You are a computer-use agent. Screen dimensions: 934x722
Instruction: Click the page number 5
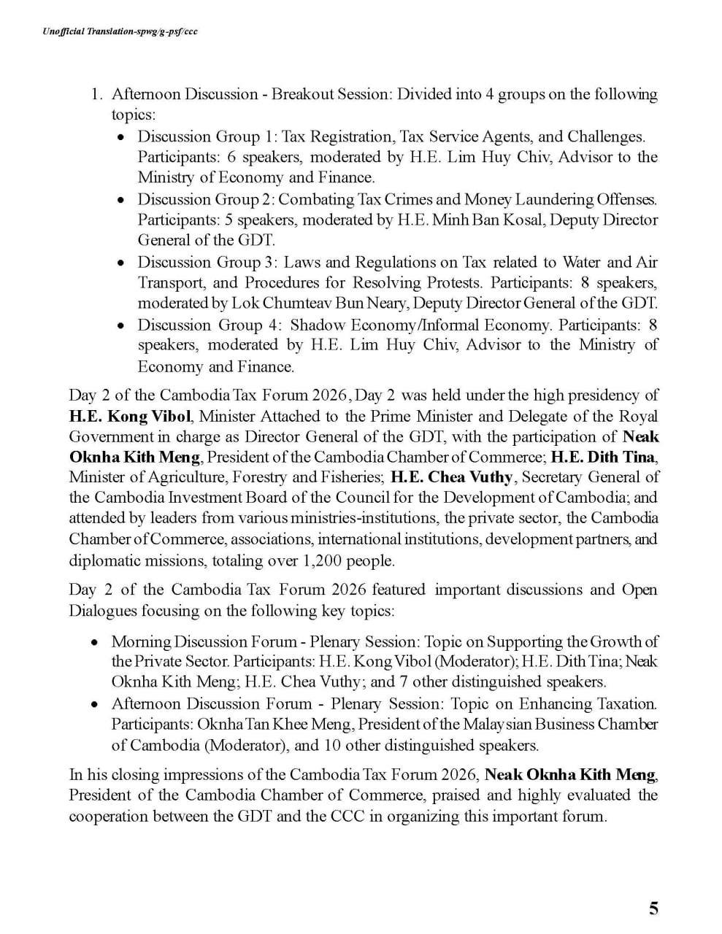coord(653,908)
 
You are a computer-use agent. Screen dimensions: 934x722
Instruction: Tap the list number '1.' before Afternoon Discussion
coord(96,94)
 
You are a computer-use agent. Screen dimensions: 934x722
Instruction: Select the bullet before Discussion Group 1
coord(122,137)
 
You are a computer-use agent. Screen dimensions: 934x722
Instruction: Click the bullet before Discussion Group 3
coord(122,263)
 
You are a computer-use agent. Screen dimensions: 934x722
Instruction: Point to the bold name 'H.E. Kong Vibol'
coord(130,416)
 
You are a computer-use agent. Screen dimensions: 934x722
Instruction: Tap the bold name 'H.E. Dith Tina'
coord(604,457)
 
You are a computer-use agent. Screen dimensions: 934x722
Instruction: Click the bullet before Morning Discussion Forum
coord(95,642)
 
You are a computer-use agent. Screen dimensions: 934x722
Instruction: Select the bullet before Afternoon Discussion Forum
coord(95,704)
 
